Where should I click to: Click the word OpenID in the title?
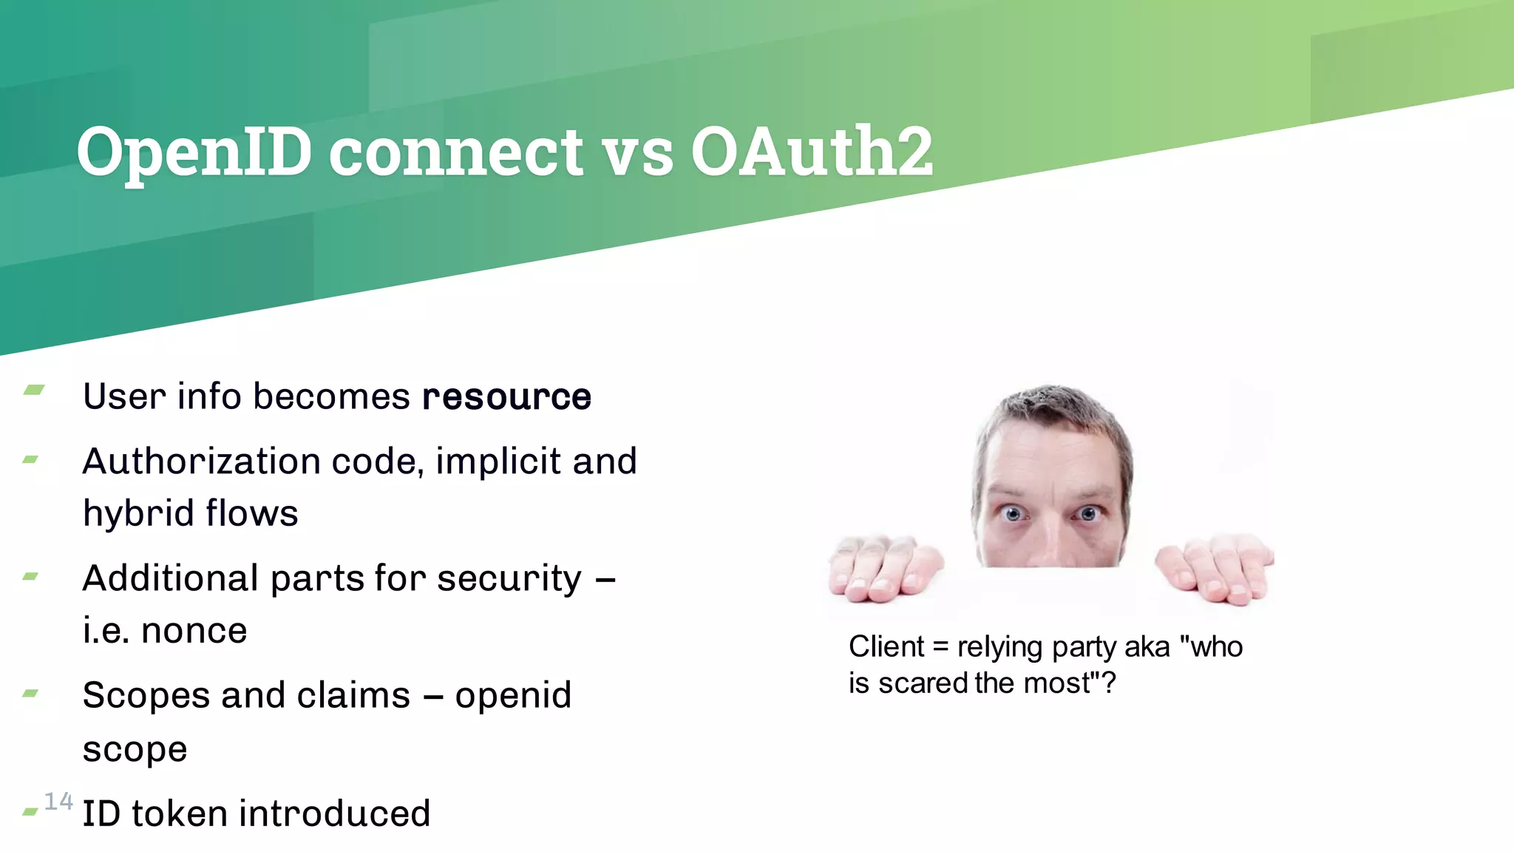[x=194, y=152]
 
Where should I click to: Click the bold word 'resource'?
[x=506, y=397]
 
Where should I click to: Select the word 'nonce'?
[x=194, y=631]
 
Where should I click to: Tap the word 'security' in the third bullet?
[x=509, y=578]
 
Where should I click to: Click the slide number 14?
[x=58, y=801]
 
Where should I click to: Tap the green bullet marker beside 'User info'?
[x=33, y=390]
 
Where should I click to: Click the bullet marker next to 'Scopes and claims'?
[x=30, y=693]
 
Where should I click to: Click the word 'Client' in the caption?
[x=886, y=647]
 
